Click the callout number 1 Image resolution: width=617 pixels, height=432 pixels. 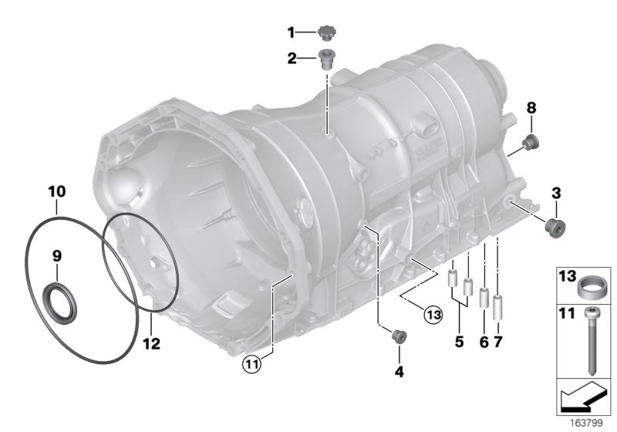tap(291, 32)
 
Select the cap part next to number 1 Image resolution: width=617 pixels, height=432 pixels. tap(327, 32)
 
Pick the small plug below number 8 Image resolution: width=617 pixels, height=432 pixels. tap(531, 142)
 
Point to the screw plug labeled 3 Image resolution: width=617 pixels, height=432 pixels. tap(554, 226)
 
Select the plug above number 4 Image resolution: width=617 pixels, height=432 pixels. tap(399, 336)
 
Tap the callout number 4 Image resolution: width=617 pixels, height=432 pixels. tap(399, 372)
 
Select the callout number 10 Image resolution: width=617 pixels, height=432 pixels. tap(56, 190)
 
